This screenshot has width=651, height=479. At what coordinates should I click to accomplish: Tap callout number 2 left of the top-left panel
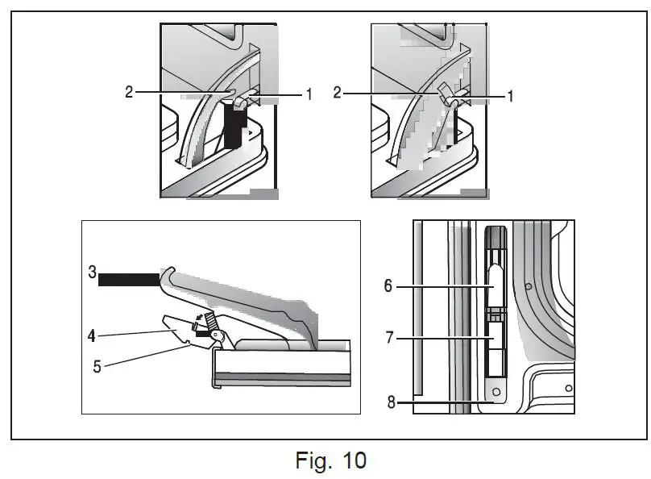click(x=130, y=93)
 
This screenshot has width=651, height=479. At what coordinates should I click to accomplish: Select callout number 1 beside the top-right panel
click(x=510, y=95)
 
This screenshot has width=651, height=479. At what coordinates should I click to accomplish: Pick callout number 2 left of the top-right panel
click(x=338, y=93)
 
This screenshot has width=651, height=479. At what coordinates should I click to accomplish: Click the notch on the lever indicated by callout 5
click(x=188, y=343)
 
